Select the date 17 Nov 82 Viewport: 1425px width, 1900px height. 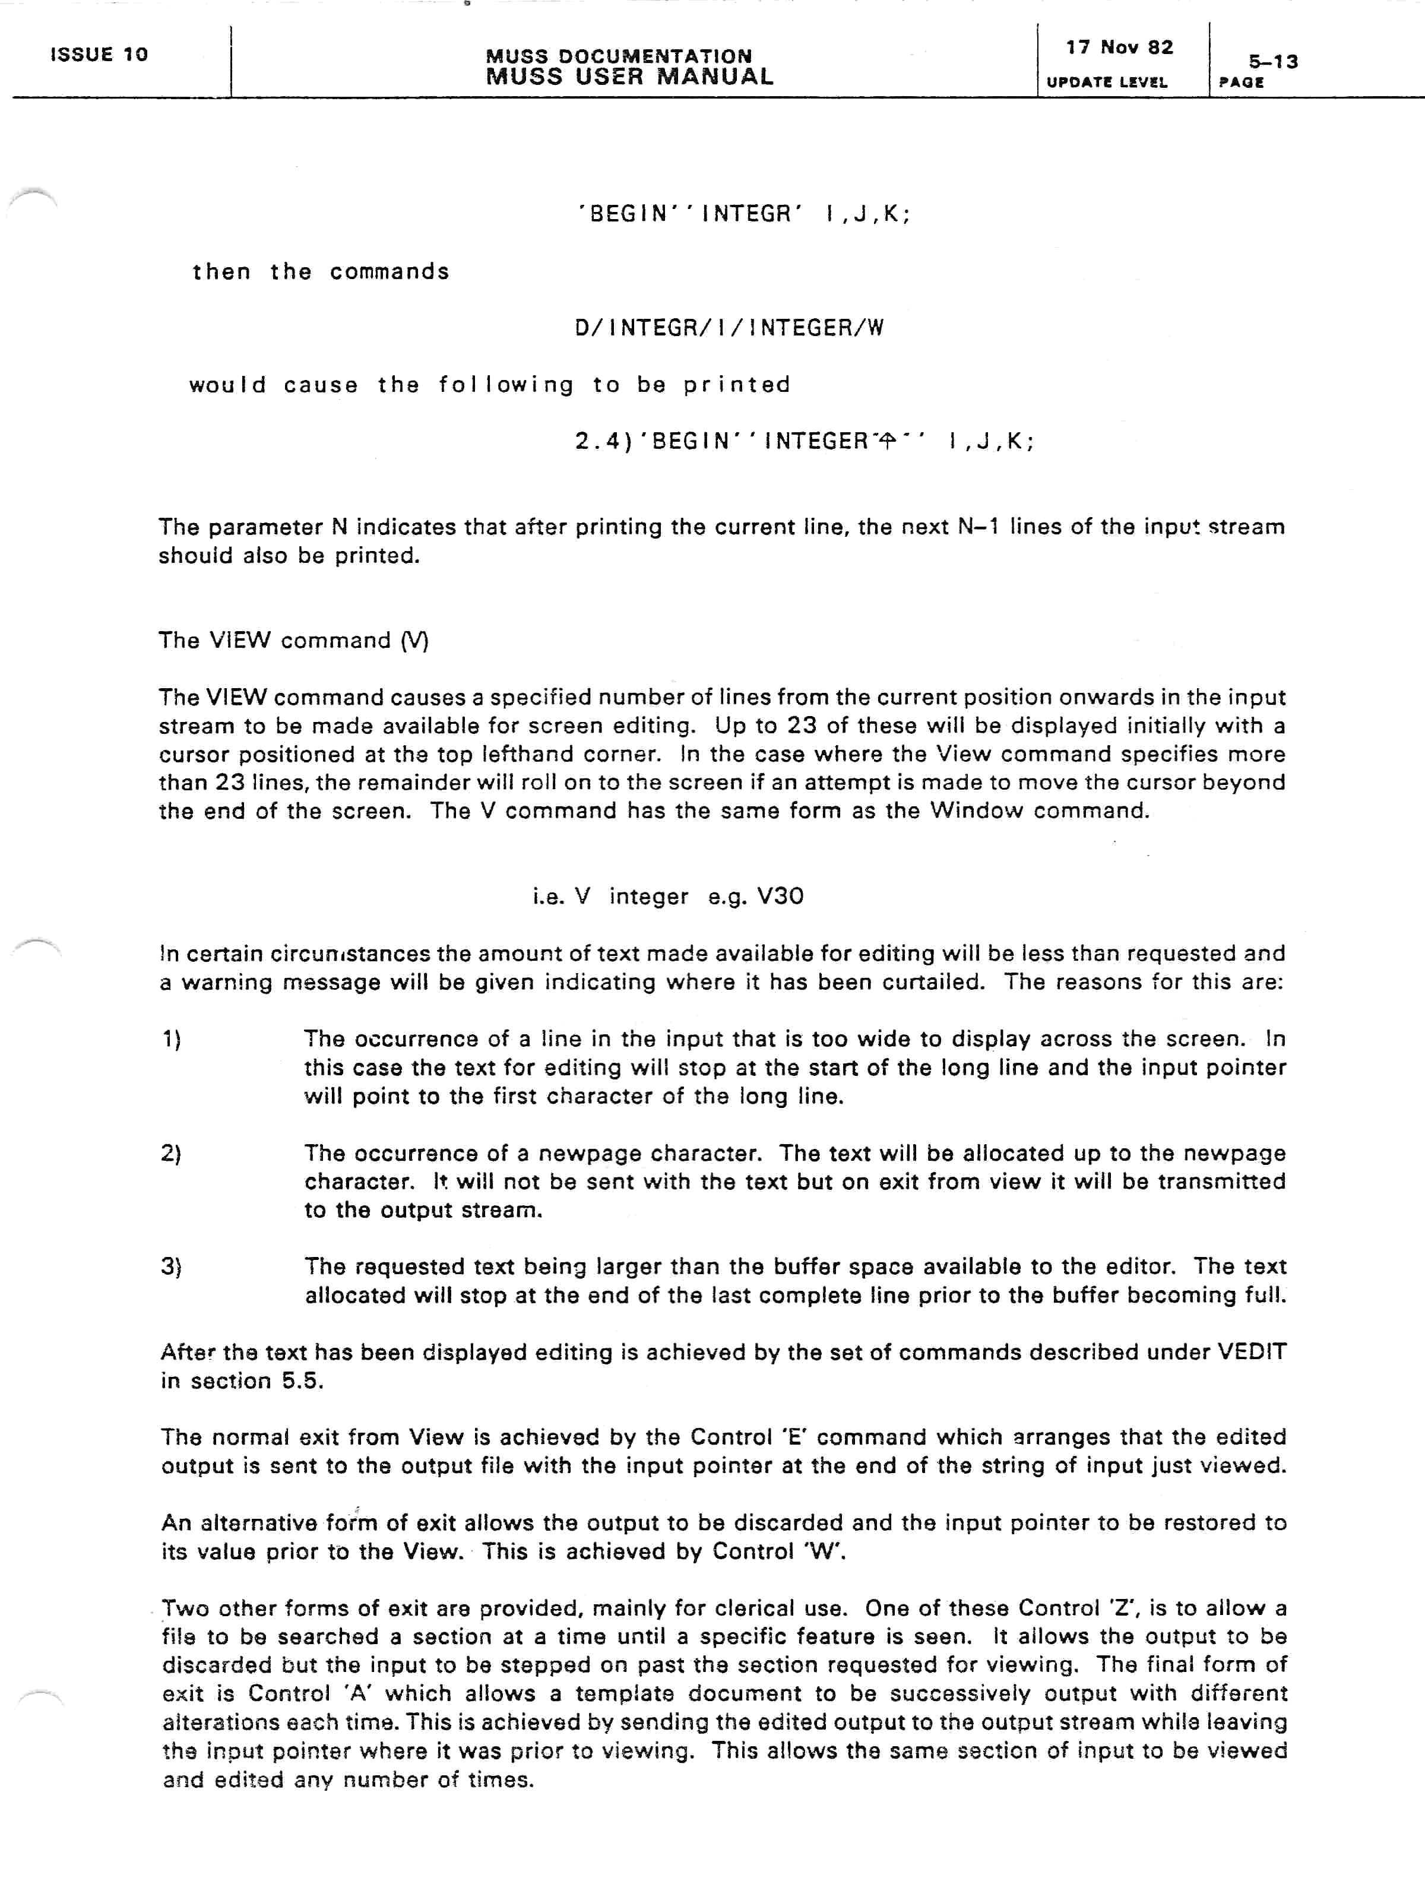[1119, 47]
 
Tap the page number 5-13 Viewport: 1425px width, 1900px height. [1273, 62]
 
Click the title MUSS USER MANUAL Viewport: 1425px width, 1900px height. [629, 77]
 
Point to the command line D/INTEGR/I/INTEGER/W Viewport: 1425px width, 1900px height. [729, 328]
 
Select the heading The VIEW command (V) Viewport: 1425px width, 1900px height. [293, 641]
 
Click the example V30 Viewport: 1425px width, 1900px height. [780, 897]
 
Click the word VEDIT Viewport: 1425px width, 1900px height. [1252, 1352]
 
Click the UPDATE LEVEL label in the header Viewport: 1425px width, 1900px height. [1106, 83]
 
